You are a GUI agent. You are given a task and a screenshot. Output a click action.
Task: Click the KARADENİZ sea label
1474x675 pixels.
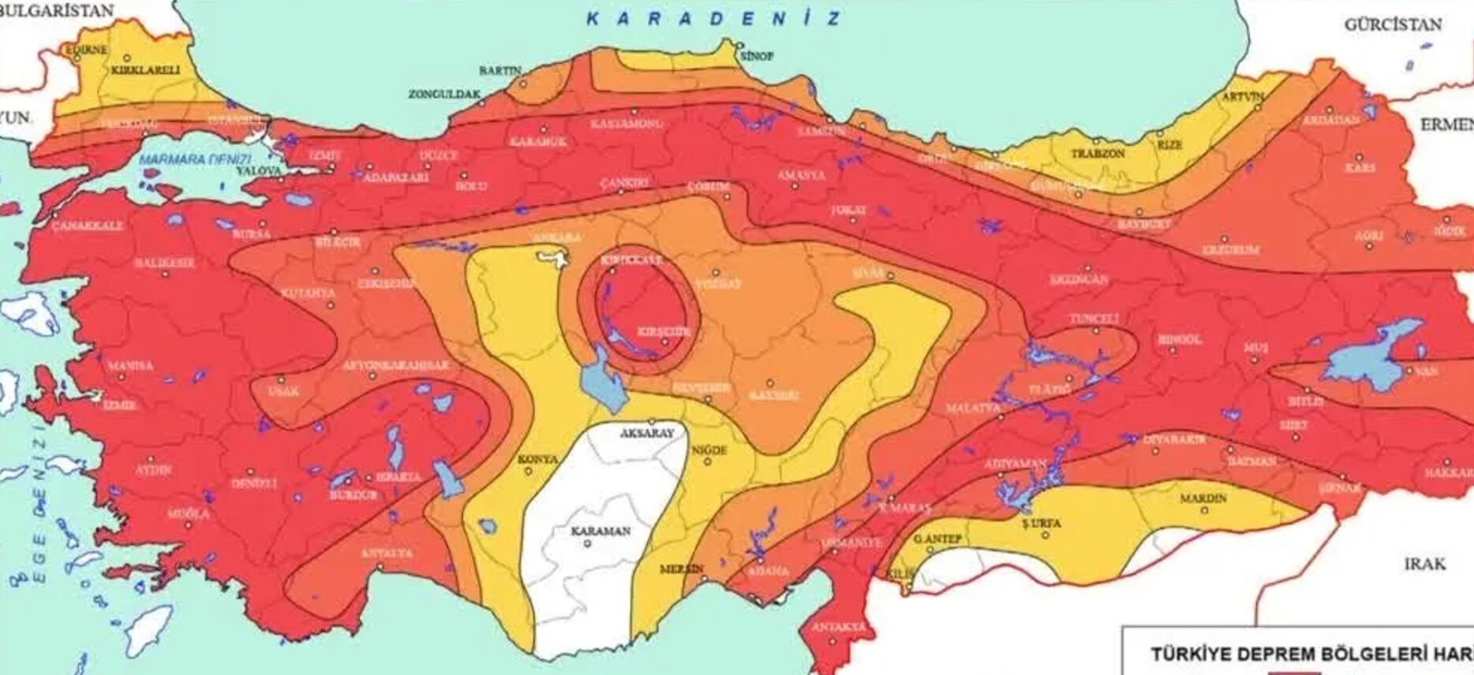(x=713, y=19)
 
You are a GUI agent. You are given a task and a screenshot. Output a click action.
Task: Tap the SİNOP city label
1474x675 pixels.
(x=755, y=56)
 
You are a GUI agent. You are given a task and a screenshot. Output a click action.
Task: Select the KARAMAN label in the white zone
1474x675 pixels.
(x=600, y=531)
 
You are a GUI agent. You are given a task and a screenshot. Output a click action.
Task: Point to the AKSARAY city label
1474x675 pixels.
(x=647, y=434)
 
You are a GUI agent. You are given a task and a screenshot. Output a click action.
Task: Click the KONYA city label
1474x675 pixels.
(x=537, y=459)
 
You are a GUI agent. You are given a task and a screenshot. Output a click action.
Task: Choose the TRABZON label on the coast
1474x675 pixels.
(x=1098, y=154)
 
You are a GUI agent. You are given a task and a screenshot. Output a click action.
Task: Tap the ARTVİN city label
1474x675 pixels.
(x=1242, y=97)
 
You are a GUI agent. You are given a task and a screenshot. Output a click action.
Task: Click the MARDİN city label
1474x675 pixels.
(x=1203, y=499)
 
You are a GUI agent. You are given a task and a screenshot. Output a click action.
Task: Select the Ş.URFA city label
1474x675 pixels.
(x=1042, y=524)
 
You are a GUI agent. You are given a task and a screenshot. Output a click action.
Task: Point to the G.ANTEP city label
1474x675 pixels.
(x=937, y=539)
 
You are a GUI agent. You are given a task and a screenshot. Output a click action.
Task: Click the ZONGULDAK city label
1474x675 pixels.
(x=444, y=95)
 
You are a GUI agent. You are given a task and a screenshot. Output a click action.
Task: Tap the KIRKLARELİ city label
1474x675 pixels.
(x=145, y=70)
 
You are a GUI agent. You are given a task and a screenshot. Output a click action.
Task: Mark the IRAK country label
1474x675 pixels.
(x=1424, y=564)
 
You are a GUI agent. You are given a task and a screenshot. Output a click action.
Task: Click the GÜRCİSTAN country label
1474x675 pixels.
(x=1393, y=24)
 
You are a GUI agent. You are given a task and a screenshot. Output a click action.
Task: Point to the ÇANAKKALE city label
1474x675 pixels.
(x=88, y=226)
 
